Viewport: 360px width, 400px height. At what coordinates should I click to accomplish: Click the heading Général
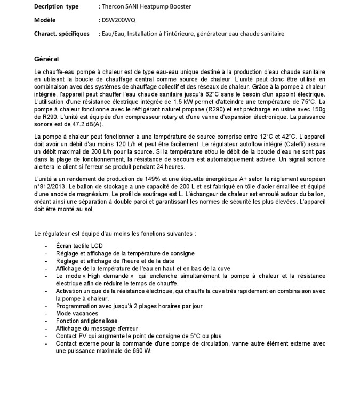(46, 59)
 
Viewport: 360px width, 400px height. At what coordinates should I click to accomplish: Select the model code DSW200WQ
(118, 20)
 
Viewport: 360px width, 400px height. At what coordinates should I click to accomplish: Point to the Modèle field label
(46, 20)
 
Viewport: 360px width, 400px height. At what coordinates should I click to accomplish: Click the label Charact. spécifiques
(61, 34)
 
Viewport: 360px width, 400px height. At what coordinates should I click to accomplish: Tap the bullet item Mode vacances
(77, 314)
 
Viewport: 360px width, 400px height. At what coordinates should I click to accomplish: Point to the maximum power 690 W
(140, 351)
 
